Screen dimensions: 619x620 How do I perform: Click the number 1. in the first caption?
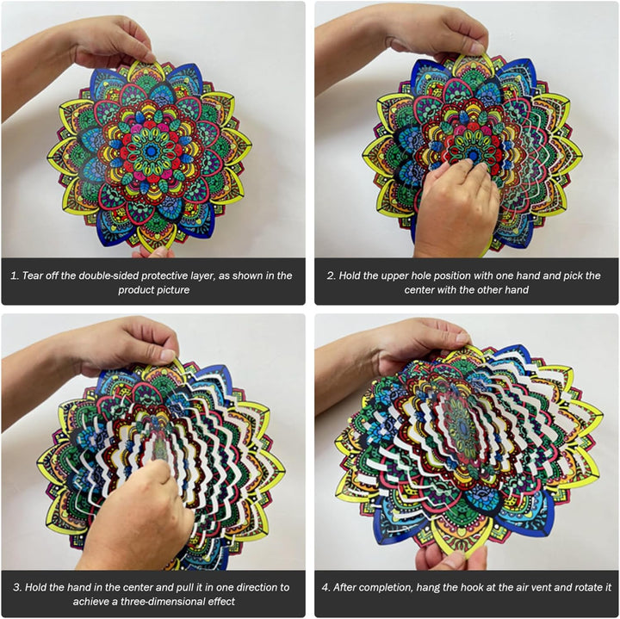point(15,275)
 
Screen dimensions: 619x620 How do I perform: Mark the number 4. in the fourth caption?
point(325,587)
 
